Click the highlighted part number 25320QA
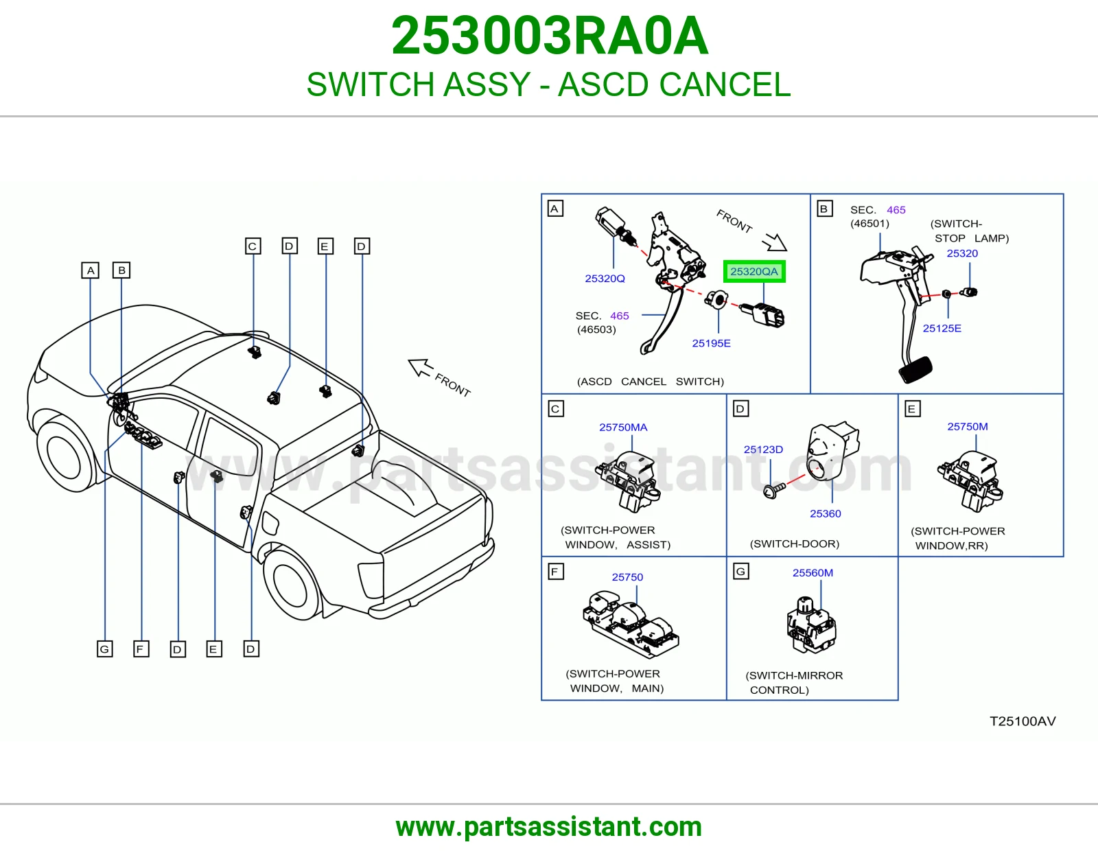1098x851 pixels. click(754, 271)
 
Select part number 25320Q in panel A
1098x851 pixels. click(605, 279)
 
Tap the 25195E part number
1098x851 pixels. click(711, 343)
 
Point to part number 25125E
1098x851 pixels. click(942, 329)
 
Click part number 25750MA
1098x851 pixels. click(623, 428)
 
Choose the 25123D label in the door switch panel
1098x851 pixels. click(763, 450)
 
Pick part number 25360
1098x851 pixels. click(825, 513)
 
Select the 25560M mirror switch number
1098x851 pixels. click(813, 572)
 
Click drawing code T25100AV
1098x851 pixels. click(1023, 721)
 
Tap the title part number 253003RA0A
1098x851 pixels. click(549, 36)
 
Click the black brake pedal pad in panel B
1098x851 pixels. click(915, 369)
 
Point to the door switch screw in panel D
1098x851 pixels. click(773, 490)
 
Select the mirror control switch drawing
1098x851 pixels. click(811, 625)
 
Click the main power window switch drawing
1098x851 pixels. click(631, 624)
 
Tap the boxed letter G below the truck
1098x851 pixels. click(104, 649)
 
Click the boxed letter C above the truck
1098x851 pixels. click(253, 246)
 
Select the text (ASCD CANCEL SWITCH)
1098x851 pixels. click(651, 382)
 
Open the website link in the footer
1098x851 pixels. click(549, 827)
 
